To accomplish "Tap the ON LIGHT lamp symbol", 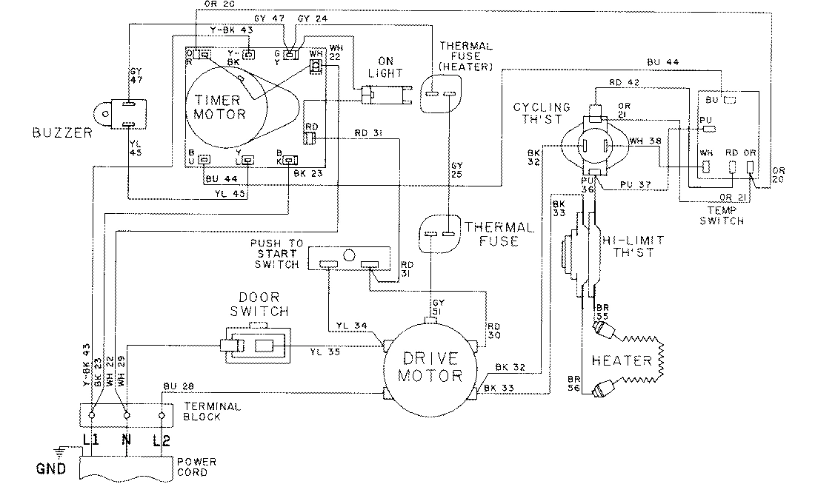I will pyautogui.click(x=384, y=95).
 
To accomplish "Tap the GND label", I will pyautogui.click(x=50, y=468).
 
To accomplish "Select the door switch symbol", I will pyautogui.click(x=252, y=345).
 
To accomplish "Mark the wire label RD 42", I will pyautogui.click(x=621, y=83).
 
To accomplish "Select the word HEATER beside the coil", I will pyautogui.click(x=621, y=360).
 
